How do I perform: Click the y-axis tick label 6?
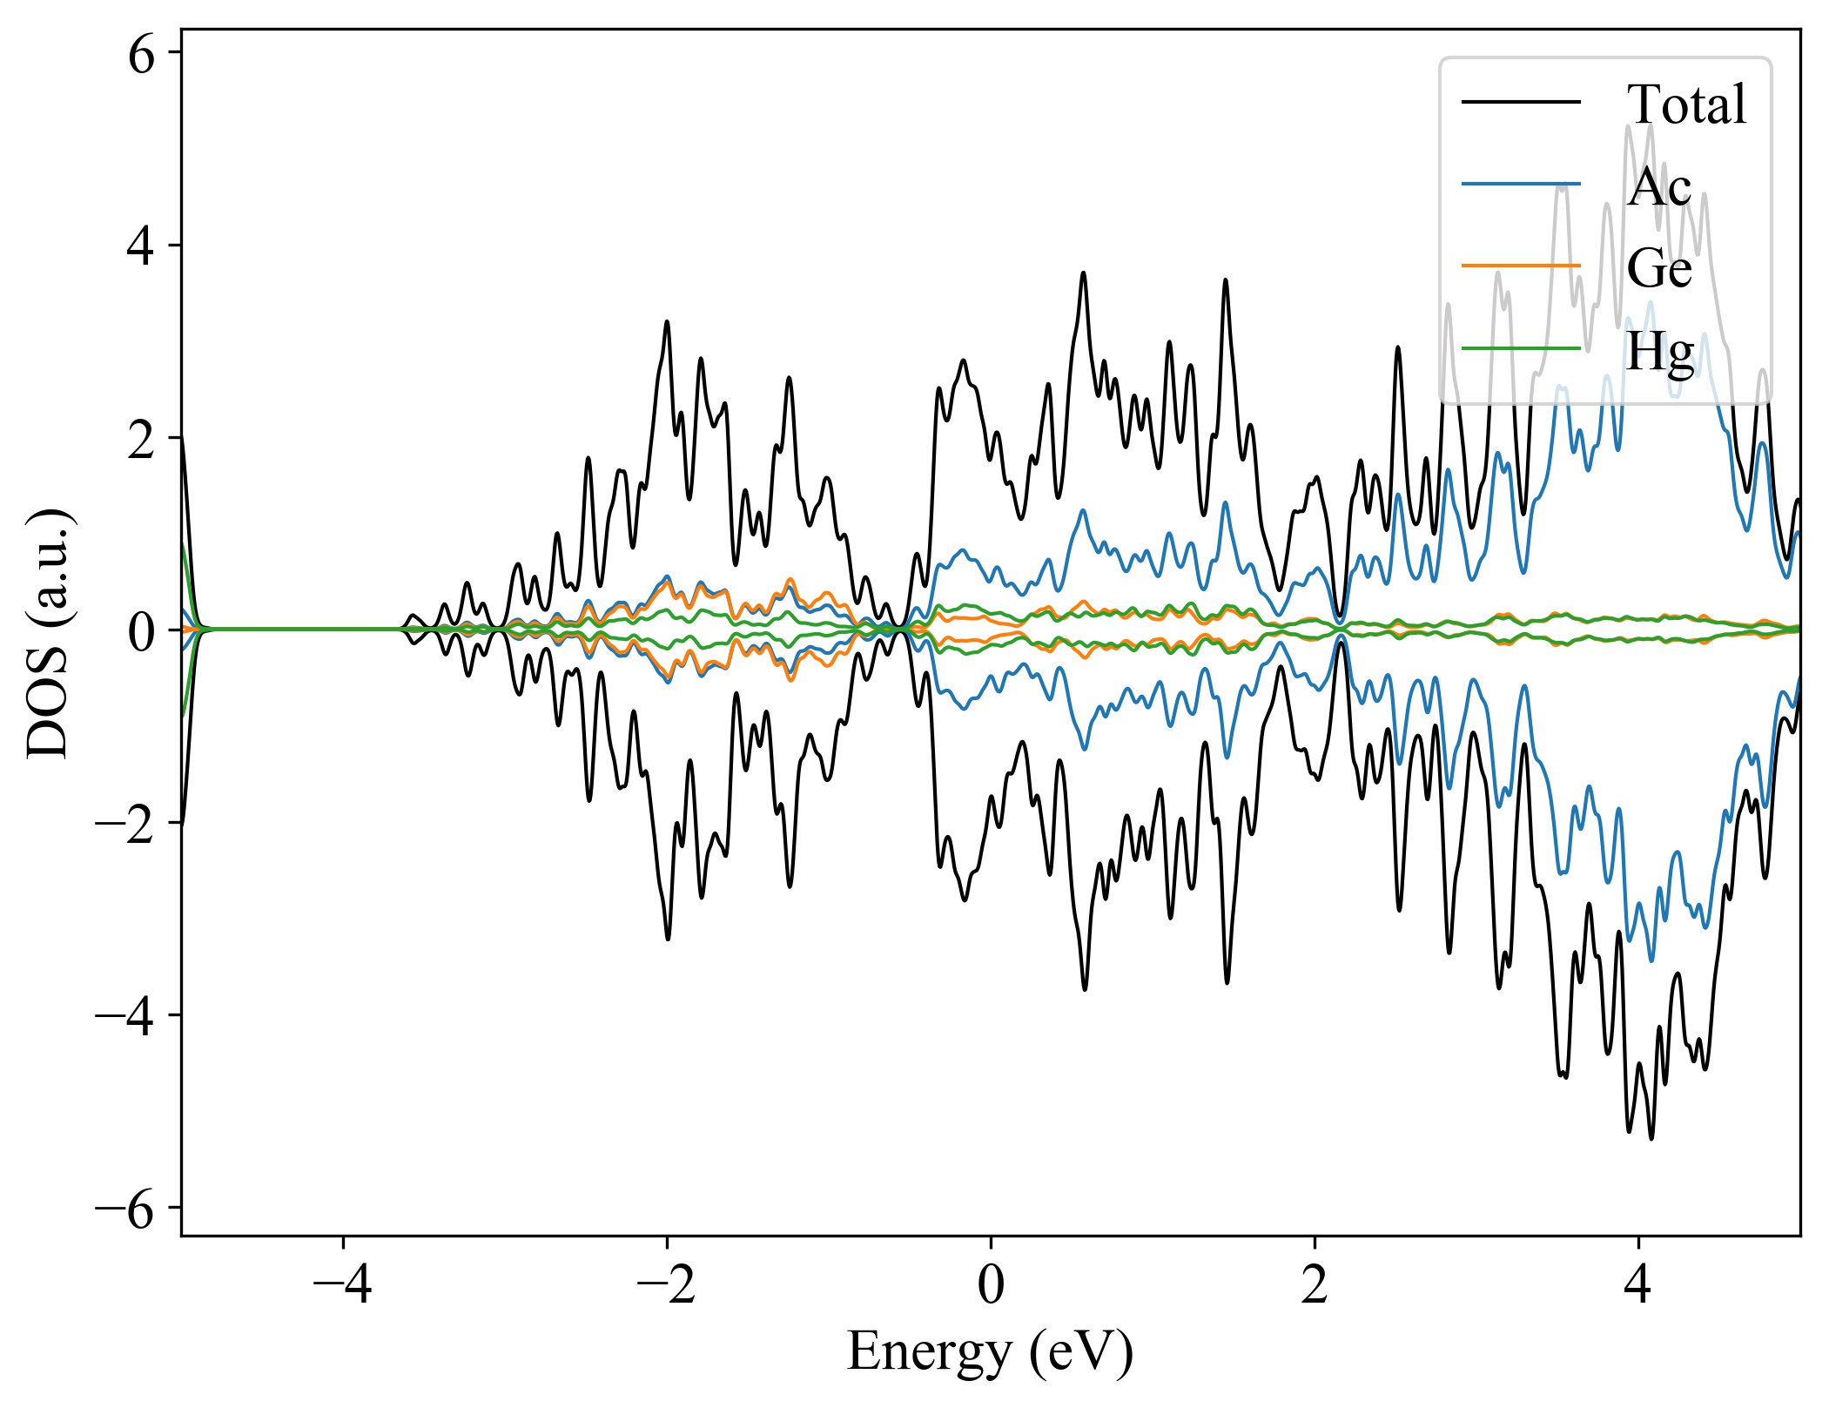point(141,55)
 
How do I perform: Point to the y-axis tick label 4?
point(141,247)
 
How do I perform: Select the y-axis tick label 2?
point(141,440)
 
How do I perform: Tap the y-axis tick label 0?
point(141,631)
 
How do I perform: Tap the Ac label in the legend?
point(1659,185)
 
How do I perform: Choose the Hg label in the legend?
point(1659,351)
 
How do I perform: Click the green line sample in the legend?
point(1520,348)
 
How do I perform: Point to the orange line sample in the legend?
point(1520,265)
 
